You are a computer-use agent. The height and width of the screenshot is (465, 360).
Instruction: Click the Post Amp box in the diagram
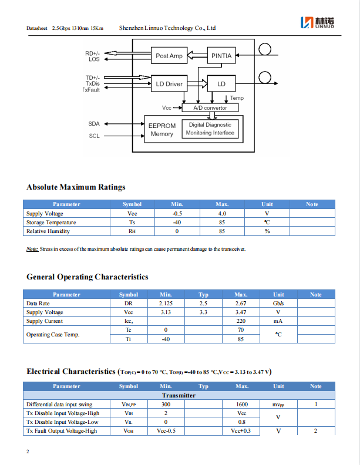coord(169,56)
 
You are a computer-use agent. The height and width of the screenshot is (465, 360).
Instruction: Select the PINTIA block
coord(221,56)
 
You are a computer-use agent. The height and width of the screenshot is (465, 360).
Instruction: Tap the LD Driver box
coord(169,84)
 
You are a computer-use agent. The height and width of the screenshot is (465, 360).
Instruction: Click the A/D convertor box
coord(210,108)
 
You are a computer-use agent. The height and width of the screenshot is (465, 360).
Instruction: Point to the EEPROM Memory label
coord(162,130)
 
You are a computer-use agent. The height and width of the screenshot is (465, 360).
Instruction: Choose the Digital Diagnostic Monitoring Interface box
coord(210,129)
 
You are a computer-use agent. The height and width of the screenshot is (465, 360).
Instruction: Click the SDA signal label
coord(94,124)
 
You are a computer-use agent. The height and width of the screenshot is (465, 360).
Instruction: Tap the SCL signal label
coord(94,136)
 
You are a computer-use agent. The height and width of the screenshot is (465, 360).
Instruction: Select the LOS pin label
coord(94,59)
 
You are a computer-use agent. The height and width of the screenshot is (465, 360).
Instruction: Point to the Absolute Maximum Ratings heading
coord(76,187)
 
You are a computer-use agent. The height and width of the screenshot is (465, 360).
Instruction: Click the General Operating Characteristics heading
coord(87,277)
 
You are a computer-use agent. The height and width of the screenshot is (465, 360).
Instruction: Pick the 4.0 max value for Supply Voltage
coord(221,214)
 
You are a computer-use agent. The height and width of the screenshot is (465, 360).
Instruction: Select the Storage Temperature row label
coord(51,223)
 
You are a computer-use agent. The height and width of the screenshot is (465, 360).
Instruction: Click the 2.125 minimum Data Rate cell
coord(166,304)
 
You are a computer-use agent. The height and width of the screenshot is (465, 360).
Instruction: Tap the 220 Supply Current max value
coord(241,321)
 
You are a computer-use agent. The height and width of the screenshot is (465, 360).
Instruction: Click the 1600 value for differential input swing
coord(241,404)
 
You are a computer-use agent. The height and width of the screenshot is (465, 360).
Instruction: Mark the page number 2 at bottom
coord(28,451)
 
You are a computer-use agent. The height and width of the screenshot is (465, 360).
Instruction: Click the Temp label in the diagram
coord(237,98)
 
